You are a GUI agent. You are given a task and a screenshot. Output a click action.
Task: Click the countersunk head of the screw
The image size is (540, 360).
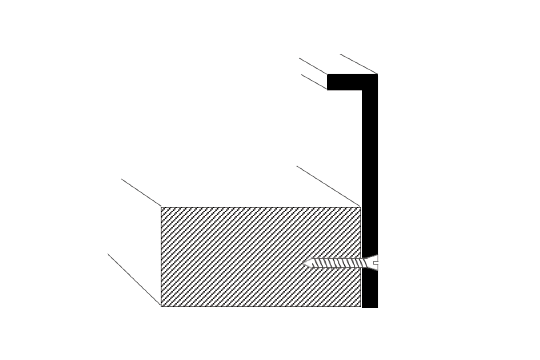tap(371, 264)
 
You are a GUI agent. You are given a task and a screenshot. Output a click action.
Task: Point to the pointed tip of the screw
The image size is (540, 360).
tap(304, 264)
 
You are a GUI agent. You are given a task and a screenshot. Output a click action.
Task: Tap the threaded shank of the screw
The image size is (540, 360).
tap(335, 264)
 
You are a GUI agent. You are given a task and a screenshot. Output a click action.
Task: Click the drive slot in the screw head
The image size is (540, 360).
tap(376, 264)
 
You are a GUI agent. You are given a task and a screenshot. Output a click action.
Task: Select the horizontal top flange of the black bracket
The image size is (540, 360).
tap(345, 82)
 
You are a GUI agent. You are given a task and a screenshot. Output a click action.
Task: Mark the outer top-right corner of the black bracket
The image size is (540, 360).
tap(377, 74)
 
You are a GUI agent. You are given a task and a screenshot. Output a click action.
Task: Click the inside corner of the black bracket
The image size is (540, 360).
tap(362, 90)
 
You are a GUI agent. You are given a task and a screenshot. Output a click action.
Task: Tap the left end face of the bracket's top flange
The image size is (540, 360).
tap(328, 82)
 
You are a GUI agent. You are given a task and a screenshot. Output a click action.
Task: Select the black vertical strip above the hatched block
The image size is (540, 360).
tap(370, 150)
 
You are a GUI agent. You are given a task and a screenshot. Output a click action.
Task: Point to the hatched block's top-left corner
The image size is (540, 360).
tap(161, 207)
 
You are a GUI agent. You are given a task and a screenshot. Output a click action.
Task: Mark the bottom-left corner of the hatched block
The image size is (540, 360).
tap(161, 306)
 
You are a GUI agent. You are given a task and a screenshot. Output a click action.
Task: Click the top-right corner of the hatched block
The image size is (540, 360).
tap(361, 207)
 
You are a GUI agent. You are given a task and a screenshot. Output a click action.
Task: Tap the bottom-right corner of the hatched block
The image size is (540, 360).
tap(361, 306)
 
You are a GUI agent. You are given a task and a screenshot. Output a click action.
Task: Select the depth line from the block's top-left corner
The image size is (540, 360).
tap(141, 193)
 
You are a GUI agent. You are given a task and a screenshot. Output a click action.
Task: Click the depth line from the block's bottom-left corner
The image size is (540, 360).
tap(134, 279)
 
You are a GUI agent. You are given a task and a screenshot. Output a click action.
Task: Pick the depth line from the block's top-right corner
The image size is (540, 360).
tap(329, 186)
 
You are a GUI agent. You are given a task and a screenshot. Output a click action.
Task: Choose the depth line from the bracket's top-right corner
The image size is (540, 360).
tap(359, 64)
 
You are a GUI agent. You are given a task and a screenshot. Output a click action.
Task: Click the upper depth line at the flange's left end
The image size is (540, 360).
tap(313, 66)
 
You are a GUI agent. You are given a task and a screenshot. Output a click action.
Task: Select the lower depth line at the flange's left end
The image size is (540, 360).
tap(313, 81)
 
